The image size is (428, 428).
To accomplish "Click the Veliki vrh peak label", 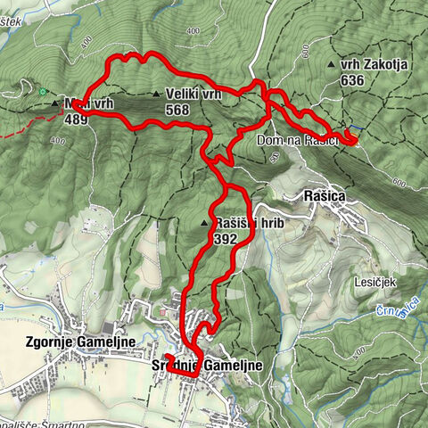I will [192, 95].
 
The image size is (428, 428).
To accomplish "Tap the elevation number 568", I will [177, 109].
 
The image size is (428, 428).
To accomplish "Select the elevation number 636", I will [352, 79].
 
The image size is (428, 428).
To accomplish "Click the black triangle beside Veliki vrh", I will [156, 95].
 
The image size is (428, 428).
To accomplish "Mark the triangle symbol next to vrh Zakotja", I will [332, 65].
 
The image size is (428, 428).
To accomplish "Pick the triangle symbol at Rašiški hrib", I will [205, 224].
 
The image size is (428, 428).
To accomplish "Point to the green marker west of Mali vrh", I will [41, 91].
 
